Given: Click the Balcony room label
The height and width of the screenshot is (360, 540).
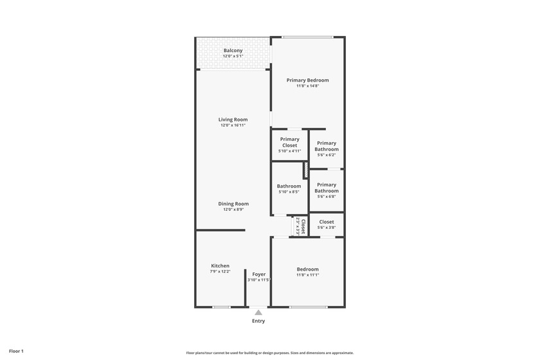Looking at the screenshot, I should [x=233, y=51].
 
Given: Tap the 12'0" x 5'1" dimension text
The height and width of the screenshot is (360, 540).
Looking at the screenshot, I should [x=233, y=57].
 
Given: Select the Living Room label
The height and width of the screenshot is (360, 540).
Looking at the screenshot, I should [x=233, y=120].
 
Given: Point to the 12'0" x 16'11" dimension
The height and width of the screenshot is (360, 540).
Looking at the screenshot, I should [x=233, y=125].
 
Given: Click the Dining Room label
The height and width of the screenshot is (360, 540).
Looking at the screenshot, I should [x=233, y=204].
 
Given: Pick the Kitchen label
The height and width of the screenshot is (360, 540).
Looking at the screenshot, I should [x=220, y=265].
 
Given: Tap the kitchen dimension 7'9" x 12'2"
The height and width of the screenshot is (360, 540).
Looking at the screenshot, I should [x=220, y=271].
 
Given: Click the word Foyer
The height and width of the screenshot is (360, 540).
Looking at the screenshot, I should [x=258, y=274].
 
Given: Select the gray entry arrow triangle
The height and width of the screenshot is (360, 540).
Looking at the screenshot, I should [x=258, y=312].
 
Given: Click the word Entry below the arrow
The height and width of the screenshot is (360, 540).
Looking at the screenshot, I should [x=258, y=321].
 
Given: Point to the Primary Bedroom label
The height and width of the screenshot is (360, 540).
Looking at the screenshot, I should [x=307, y=80].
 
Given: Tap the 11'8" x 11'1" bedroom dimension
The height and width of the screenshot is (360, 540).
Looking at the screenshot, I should [x=307, y=275].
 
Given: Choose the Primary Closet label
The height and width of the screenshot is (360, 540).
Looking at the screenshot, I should [x=289, y=142].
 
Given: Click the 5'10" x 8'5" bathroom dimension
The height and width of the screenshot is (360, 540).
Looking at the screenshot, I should [x=289, y=192].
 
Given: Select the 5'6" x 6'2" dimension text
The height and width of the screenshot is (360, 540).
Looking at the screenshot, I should [x=327, y=155].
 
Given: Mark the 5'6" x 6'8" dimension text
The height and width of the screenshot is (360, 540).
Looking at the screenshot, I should [x=327, y=197].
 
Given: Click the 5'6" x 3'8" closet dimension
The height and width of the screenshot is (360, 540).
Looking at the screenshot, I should [x=327, y=228].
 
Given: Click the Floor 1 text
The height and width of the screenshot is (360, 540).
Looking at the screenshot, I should [x=16, y=352].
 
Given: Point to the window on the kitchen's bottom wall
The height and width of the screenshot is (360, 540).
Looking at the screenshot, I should [x=221, y=307].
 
